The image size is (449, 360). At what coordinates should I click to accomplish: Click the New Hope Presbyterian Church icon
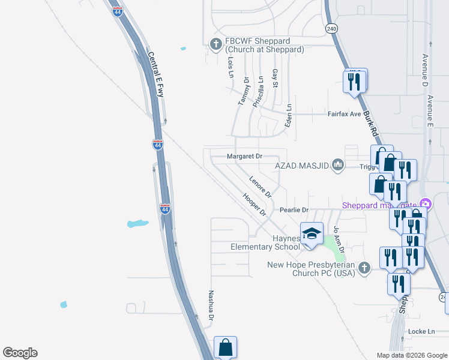click(364, 268)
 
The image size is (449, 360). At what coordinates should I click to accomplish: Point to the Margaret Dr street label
click(244, 157)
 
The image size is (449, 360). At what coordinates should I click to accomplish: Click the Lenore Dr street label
click(261, 187)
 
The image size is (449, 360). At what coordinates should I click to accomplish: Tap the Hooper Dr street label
click(254, 204)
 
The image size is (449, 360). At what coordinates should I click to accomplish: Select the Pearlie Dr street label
click(294, 210)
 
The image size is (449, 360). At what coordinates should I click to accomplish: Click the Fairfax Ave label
click(344, 114)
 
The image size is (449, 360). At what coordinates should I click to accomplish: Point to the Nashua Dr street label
click(211, 308)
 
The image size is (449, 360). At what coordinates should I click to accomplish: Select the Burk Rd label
click(371, 124)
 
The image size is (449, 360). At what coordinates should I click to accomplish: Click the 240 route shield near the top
click(331, 29)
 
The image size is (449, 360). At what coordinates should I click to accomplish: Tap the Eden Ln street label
click(288, 115)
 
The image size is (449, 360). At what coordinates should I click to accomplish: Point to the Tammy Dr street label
click(243, 92)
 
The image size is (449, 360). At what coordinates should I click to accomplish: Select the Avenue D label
click(424, 67)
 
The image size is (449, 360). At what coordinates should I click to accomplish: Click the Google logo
click(20, 353)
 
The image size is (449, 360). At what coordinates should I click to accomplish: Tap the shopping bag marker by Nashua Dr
click(225, 347)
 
